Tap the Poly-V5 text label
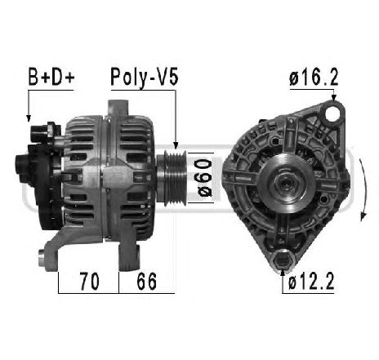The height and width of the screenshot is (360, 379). click(144, 79)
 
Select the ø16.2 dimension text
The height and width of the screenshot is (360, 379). click(314, 79)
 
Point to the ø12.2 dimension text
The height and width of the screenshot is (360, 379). click(313, 282)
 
